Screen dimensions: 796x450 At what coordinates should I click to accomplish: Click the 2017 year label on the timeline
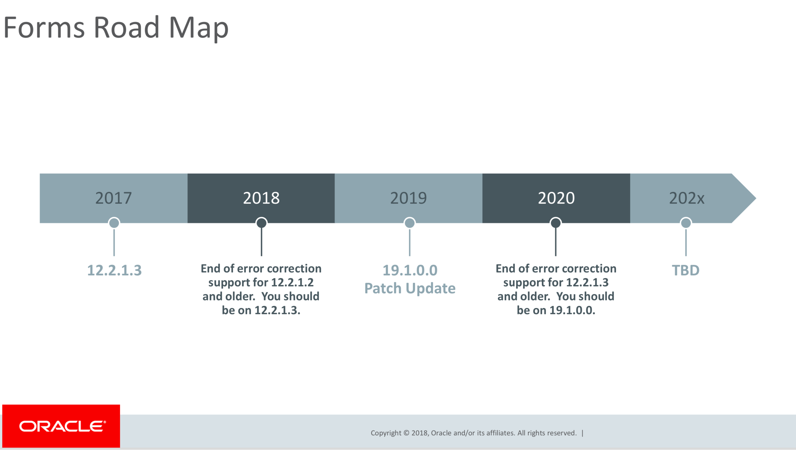coord(113,198)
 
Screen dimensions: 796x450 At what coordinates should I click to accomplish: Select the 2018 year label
coord(261,198)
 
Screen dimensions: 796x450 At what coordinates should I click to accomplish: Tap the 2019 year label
coord(408,198)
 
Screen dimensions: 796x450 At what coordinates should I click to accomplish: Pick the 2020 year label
coord(556,198)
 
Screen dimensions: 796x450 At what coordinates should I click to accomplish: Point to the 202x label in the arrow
coord(687,198)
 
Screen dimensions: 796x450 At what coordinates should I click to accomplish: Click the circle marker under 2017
coord(114,223)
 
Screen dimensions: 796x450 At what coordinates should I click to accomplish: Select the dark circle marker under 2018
coord(261,223)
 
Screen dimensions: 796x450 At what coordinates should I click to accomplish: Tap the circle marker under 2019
coord(410,223)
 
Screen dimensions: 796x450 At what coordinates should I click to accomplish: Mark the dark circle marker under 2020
coord(555,223)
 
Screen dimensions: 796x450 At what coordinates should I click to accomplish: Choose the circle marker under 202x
coord(686,223)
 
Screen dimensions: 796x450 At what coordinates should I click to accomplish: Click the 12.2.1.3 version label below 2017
coord(114,270)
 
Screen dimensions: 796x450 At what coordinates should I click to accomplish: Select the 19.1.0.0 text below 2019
coord(410,270)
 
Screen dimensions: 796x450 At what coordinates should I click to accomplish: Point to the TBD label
coord(686,270)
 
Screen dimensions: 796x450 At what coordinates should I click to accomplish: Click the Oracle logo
coord(61,426)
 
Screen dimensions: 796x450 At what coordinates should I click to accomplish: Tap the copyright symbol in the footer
coord(406,433)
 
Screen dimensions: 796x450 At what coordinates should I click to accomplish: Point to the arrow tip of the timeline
coord(756,198)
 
